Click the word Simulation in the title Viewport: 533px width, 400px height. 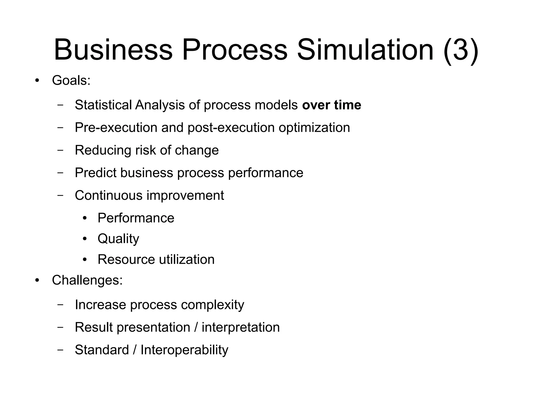pos(365,50)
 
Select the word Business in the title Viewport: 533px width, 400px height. pos(113,50)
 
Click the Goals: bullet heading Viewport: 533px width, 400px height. pos(71,80)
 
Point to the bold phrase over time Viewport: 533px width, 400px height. pos(332,105)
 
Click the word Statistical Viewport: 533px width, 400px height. pos(103,105)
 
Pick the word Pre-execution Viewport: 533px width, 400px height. pos(116,128)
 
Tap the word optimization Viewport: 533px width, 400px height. pos(314,128)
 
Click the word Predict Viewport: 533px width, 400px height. pos(95,173)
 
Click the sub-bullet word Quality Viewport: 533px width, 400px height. pos(118,239)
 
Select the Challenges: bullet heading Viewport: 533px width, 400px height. pos(87,280)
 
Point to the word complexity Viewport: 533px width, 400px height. pos(212,305)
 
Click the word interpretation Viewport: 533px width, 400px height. pos(240,327)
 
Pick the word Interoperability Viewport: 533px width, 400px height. pos(184,350)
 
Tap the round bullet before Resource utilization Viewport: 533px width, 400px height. pos(84,260)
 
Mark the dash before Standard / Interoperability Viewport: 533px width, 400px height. pos(60,350)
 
